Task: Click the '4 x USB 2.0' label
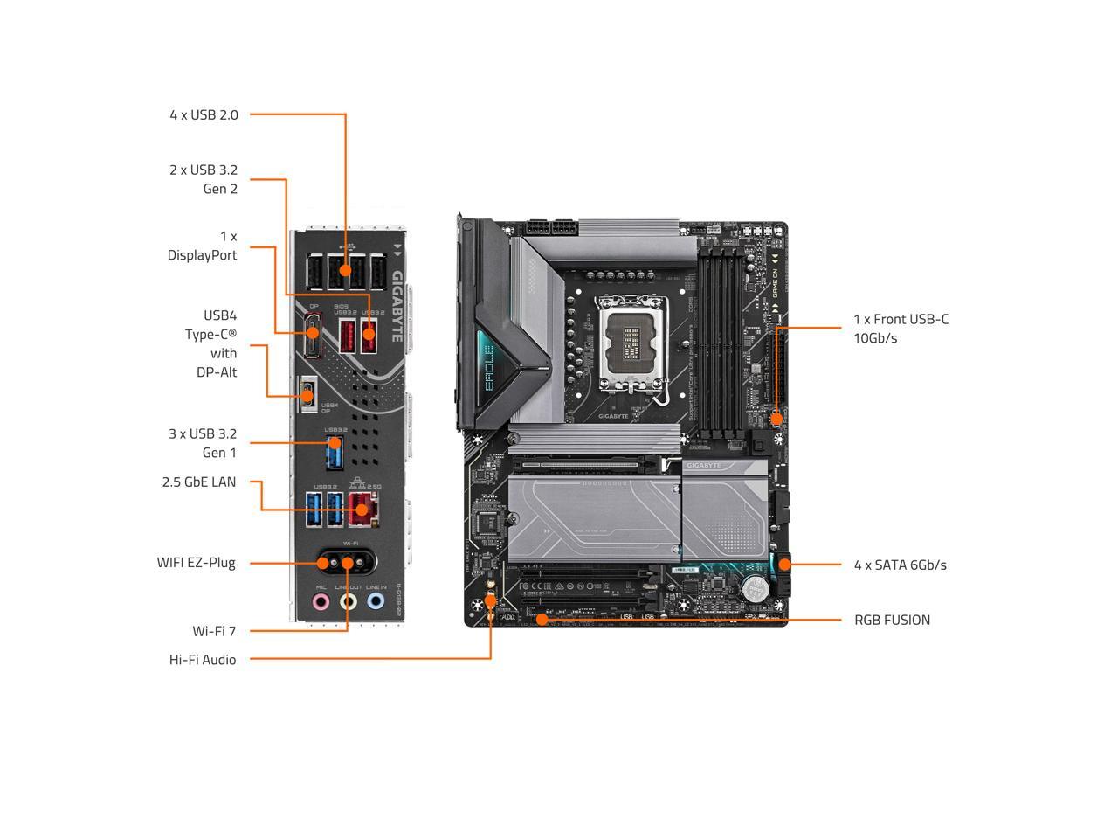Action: coord(204,114)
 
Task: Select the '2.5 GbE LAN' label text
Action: coord(198,482)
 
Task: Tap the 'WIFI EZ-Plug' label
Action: coord(196,563)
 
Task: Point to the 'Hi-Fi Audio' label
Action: coord(202,660)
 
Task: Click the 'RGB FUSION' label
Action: coord(892,620)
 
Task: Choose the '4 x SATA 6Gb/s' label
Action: coord(900,565)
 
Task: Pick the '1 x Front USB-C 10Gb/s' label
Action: coord(901,328)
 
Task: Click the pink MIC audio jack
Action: coord(321,601)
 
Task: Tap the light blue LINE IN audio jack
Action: coord(376,601)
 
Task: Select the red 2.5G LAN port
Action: coord(362,509)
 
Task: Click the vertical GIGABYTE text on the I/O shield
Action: coord(397,306)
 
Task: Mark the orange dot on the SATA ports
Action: coord(783,565)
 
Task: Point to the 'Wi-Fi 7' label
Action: coord(214,631)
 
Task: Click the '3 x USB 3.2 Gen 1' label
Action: coord(203,443)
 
